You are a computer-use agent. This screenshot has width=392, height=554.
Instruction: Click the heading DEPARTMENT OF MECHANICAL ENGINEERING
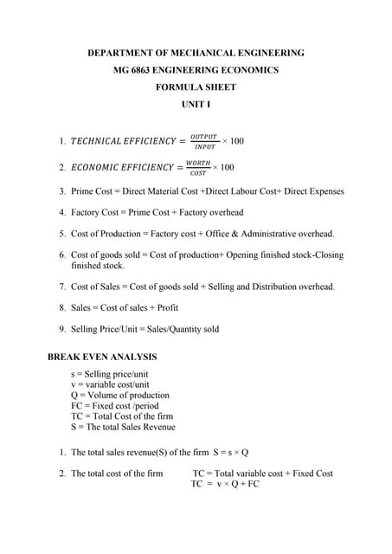(196, 54)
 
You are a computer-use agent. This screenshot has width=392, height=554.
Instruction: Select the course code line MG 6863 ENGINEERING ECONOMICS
(196, 70)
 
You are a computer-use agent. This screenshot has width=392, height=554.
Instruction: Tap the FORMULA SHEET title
(196, 87)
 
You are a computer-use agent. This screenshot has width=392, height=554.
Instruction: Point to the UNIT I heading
(196, 105)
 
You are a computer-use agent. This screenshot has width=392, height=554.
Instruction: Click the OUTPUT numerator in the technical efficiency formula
(204, 135)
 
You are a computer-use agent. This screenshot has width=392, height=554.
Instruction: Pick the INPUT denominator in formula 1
(204, 147)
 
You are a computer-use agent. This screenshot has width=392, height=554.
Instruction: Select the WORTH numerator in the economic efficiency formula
(198, 162)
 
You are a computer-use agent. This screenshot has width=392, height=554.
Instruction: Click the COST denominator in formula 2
(198, 173)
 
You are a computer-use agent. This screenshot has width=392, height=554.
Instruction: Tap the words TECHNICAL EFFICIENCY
(121, 141)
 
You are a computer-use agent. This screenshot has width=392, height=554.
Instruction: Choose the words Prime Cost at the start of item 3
(91, 191)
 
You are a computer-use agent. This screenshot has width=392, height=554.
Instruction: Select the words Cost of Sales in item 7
(96, 287)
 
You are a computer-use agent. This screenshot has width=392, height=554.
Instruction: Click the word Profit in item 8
(168, 307)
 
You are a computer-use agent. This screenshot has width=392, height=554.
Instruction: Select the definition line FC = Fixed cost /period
(115, 405)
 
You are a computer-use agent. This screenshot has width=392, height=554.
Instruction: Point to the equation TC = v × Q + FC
(225, 484)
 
